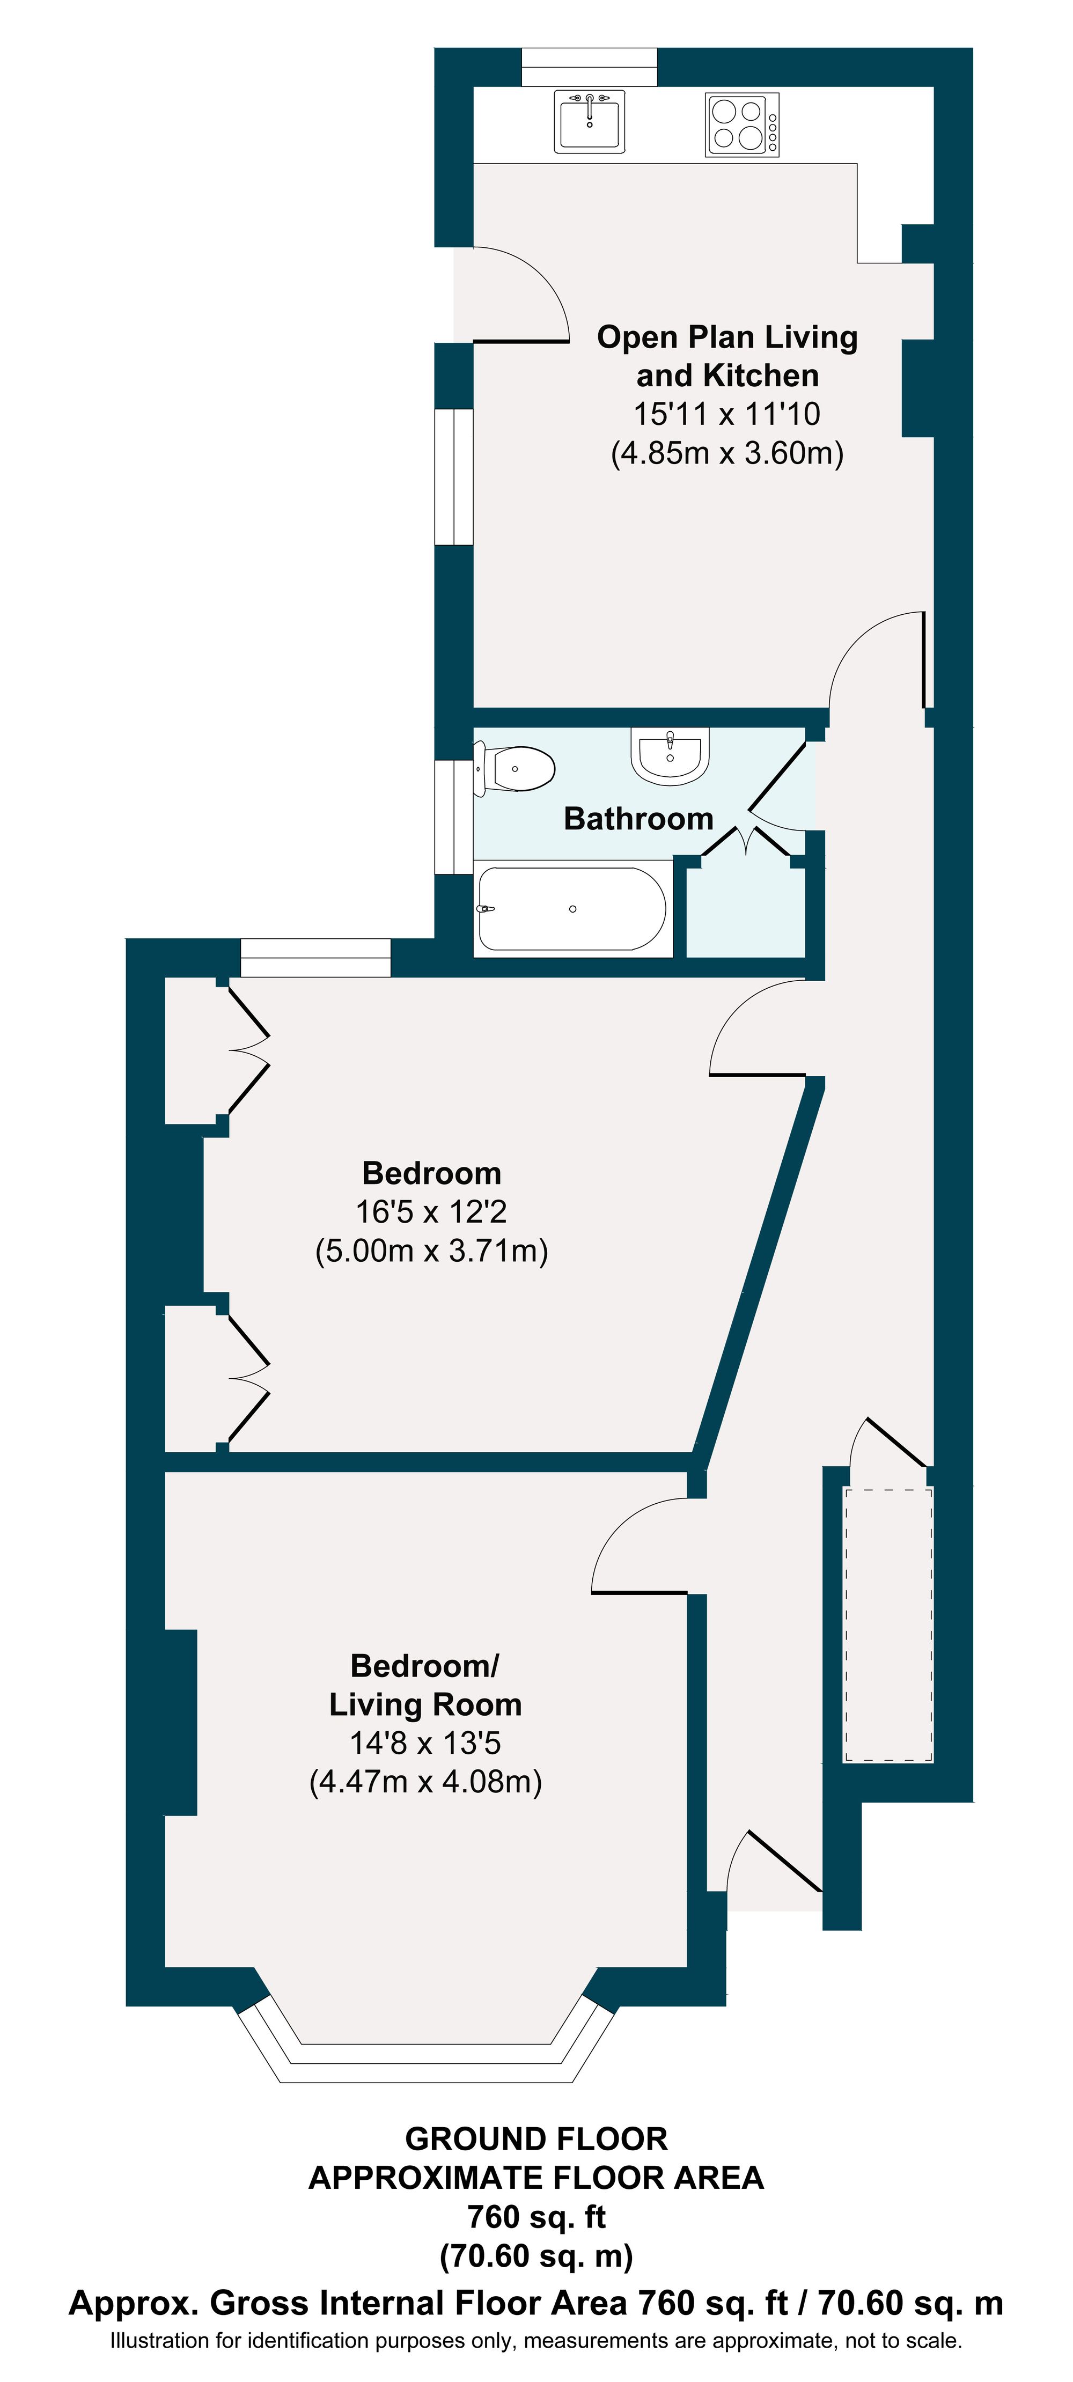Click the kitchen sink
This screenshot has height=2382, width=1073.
pyautogui.click(x=589, y=121)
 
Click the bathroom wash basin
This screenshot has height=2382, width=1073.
pyautogui.click(x=670, y=754)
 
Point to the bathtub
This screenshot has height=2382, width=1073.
pyautogui.click(x=572, y=909)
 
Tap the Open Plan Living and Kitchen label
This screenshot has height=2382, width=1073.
pyautogui.click(x=727, y=356)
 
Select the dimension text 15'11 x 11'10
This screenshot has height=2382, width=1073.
pyautogui.click(x=727, y=413)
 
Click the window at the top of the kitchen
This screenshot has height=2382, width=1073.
pyautogui.click(x=589, y=67)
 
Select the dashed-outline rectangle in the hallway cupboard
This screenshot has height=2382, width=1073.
pyautogui.click(x=887, y=1624)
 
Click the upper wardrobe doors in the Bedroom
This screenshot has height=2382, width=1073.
pyautogui.click(x=248, y=1050)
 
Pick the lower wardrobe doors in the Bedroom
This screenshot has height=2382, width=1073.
pyautogui.click(x=248, y=1378)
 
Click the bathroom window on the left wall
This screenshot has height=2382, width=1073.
pyautogui.click(x=454, y=817)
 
